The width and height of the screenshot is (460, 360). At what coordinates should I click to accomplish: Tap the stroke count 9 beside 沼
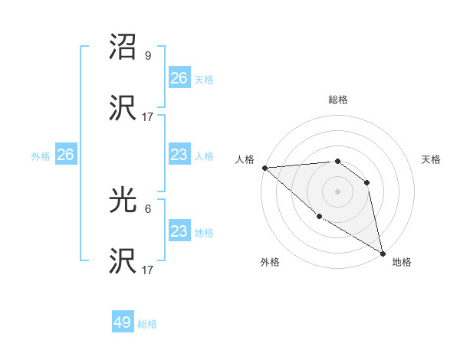[x=148, y=56]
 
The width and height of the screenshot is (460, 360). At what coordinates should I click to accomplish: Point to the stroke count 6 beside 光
[x=148, y=208]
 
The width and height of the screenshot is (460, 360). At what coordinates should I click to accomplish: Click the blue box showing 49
[x=123, y=322]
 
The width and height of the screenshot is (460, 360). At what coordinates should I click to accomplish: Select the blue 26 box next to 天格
[x=179, y=78]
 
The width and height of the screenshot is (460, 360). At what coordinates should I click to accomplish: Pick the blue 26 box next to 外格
[x=65, y=155]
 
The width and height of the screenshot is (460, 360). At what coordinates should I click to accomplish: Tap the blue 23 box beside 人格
[x=179, y=155]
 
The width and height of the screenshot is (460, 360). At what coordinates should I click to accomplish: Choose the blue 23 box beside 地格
[x=179, y=231]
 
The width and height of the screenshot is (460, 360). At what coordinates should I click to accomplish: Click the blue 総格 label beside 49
[x=147, y=324]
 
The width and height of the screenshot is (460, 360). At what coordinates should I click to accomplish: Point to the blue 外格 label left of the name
[x=41, y=156]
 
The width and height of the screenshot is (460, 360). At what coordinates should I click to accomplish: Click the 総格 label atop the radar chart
[x=337, y=100]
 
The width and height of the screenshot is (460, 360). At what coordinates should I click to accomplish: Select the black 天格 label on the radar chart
[x=431, y=159]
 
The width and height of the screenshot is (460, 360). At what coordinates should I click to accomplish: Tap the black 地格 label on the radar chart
[x=402, y=262]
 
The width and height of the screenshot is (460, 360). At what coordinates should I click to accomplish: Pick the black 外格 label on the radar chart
[x=270, y=262]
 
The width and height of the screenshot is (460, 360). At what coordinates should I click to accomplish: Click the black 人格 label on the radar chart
[x=244, y=159]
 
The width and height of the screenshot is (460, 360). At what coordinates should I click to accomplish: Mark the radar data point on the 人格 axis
[x=264, y=168]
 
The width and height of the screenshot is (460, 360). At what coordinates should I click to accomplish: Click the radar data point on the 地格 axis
[x=382, y=252]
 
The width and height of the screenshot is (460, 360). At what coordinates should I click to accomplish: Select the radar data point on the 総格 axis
[x=337, y=161]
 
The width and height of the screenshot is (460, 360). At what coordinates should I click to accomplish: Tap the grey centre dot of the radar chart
[x=337, y=191]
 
